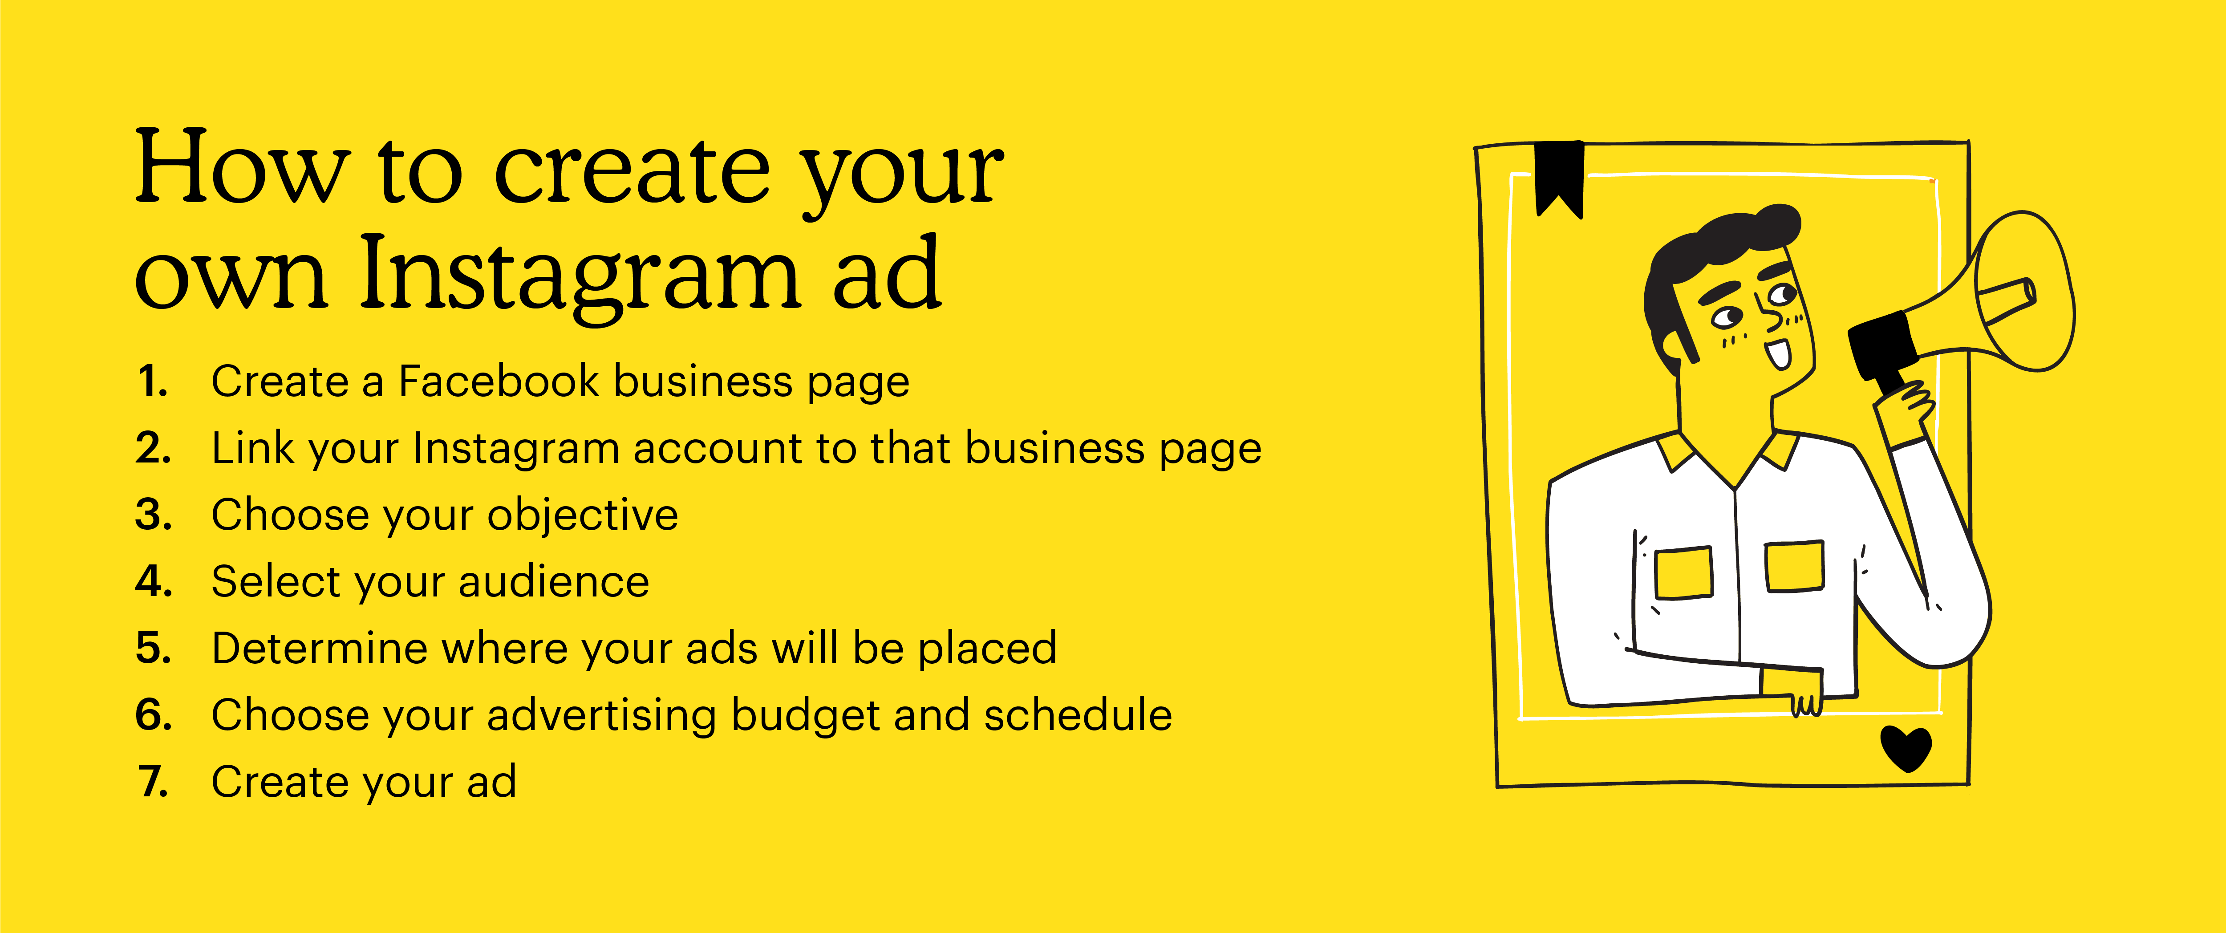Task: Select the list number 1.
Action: (152, 381)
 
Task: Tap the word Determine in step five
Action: (320, 648)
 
